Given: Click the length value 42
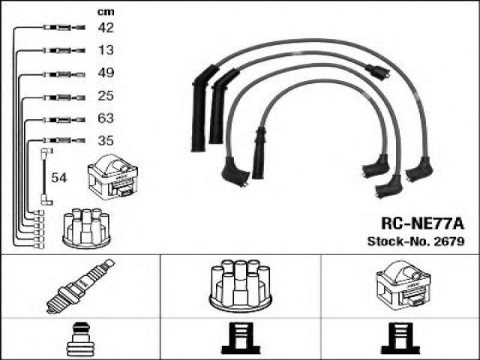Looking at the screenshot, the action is click(x=106, y=28).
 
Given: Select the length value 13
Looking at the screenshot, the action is click(x=106, y=50).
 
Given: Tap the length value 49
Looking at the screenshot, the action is click(x=106, y=73).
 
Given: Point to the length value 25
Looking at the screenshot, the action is click(x=106, y=96).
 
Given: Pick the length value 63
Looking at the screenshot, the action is click(x=106, y=118).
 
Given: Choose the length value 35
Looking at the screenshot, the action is click(x=106, y=141).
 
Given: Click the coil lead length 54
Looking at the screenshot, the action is click(x=58, y=178).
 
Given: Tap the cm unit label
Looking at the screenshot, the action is click(x=106, y=12).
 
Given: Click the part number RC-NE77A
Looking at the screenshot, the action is click(x=422, y=223).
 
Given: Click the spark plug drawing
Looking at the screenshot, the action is click(x=80, y=286).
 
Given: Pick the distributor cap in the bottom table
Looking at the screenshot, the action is click(x=240, y=286).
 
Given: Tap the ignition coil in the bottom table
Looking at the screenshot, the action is click(x=403, y=286).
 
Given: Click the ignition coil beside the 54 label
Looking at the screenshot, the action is click(x=112, y=177).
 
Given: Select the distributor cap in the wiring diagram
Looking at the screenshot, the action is click(x=86, y=228).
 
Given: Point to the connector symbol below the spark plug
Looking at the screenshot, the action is click(x=79, y=339).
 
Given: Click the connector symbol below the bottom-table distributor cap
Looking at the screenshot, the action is click(x=241, y=338).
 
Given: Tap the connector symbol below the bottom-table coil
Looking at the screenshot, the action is click(x=400, y=338).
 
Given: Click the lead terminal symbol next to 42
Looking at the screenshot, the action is click(x=64, y=28).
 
